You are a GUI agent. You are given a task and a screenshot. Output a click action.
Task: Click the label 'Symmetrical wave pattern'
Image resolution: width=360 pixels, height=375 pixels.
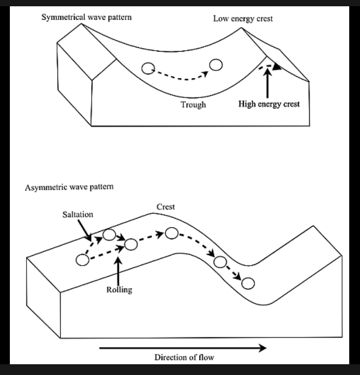pyautogui.click(x=87, y=18)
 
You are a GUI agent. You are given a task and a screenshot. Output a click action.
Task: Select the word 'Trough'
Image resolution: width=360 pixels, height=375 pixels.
pyautogui.click(x=193, y=105)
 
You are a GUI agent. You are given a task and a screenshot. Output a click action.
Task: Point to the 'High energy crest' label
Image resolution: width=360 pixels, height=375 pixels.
pyautogui.click(x=269, y=105)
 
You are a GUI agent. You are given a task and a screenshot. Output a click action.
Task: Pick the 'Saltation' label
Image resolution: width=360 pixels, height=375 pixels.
pyautogui.click(x=78, y=214)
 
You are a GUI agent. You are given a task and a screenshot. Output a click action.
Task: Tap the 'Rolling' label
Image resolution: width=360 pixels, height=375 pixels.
pyautogui.click(x=119, y=289)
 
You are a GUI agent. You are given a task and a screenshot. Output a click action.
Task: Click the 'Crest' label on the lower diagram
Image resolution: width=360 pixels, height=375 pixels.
pyautogui.click(x=166, y=207)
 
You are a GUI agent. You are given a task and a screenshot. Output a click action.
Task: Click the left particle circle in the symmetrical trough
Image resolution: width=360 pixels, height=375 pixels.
pyautogui.click(x=148, y=68)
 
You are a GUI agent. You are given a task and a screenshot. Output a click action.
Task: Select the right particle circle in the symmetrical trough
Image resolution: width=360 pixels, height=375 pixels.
pyautogui.click(x=216, y=65)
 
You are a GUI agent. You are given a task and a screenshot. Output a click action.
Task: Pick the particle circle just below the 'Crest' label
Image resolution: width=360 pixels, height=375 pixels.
pyautogui.click(x=171, y=233)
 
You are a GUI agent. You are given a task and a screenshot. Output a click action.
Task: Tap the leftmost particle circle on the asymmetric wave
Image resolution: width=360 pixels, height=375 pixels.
pyautogui.click(x=82, y=260)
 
